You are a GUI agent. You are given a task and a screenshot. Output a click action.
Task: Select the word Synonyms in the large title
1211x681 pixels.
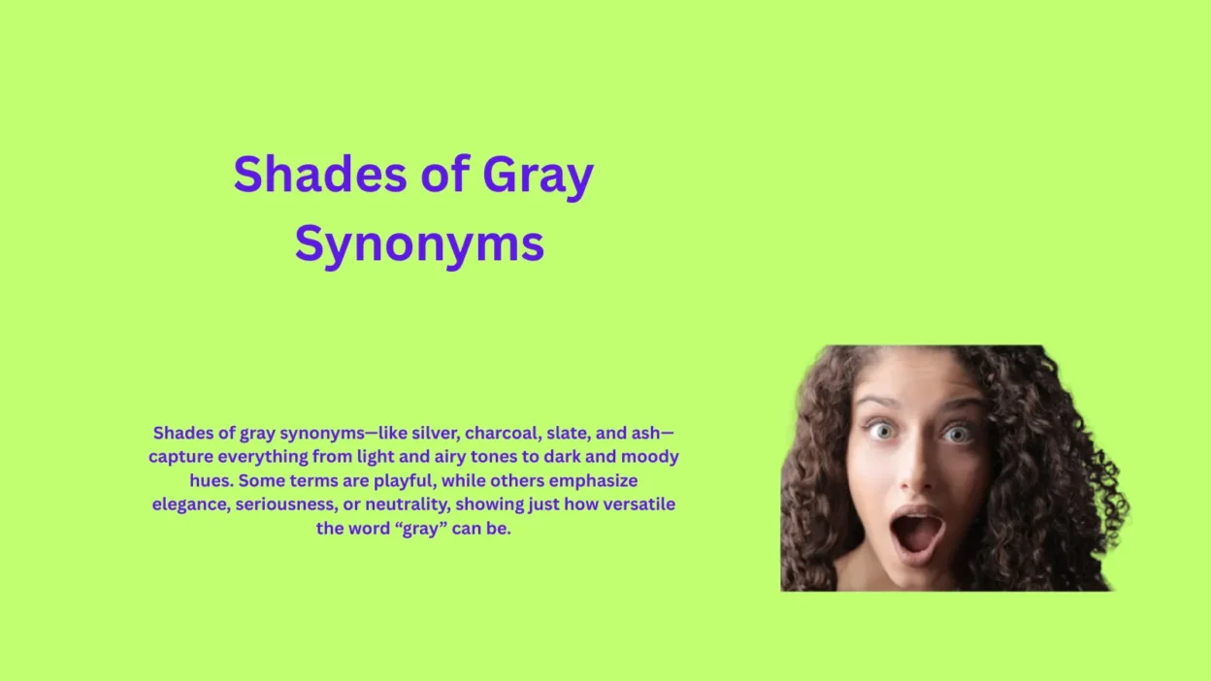419,244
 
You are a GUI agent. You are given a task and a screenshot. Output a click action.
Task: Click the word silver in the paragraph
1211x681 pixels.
433,433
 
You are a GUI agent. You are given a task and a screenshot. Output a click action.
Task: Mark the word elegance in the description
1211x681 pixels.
190,505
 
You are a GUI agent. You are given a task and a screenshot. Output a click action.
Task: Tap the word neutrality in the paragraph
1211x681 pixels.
410,505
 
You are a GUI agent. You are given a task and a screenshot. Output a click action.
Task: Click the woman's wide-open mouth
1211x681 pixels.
917,531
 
